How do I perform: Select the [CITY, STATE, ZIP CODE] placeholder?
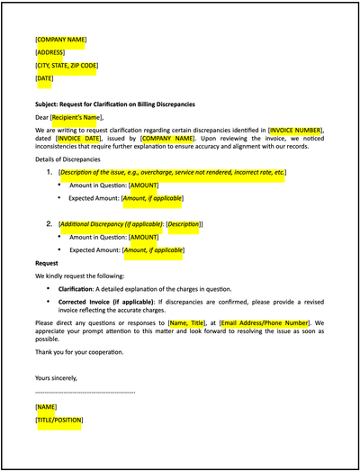pos(67,66)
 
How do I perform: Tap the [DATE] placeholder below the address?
pos(44,79)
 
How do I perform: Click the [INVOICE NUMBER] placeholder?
pos(295,131)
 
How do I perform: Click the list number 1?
pos(49,171)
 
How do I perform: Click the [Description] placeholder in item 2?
pos(184,223)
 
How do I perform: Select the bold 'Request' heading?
pos(48,262)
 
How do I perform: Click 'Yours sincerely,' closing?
pos(56,377)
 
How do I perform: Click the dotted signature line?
pos(85,393)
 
